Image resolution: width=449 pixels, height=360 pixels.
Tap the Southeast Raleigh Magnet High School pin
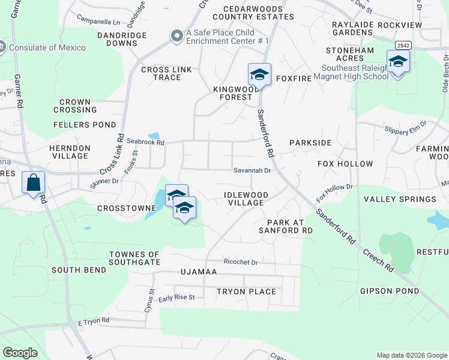398,62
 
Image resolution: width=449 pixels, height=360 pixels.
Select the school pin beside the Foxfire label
259,75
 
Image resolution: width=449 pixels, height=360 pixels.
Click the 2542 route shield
403,46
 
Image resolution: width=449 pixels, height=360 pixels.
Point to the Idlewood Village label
246,199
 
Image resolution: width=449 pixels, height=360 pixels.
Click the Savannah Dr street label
253,170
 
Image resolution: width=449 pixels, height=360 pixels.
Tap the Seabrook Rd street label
145,142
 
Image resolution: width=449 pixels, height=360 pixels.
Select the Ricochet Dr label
240,262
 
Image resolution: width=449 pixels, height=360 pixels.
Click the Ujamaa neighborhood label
199,272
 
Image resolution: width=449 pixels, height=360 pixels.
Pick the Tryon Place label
246,292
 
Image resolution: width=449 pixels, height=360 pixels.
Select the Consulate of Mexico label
47,47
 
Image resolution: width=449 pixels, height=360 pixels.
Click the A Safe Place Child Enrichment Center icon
176,36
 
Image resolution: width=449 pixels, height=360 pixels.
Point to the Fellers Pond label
85,125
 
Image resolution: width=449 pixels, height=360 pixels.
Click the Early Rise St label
176,298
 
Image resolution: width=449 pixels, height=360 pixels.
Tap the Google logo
20,353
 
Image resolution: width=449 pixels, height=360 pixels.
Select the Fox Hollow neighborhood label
345,164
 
